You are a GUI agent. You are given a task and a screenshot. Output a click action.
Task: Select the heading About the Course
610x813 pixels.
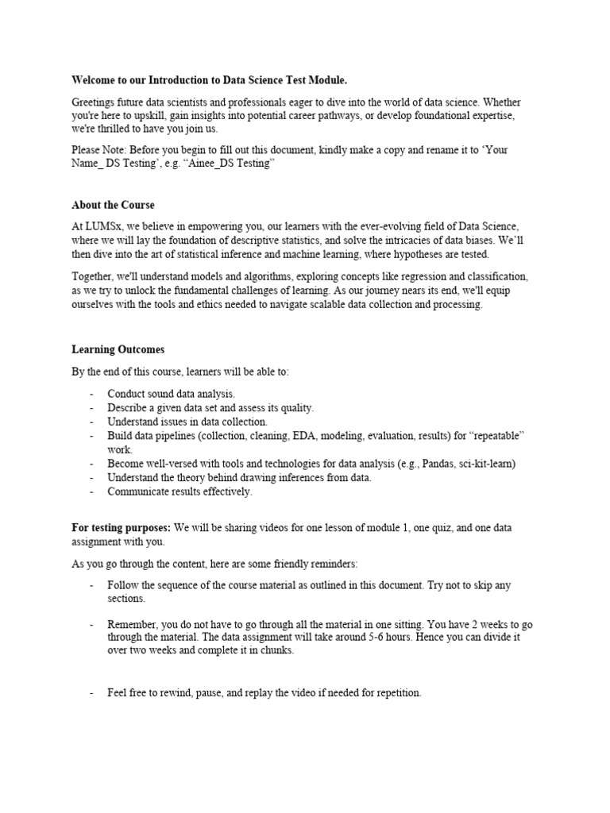tap(113, 205)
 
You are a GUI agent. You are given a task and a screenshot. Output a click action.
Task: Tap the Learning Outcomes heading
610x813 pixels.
tap(118, 349)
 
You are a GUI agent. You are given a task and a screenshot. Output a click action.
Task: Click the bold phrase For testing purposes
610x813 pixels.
tap(121, 528)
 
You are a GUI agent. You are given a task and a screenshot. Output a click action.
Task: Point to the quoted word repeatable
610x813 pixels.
tap(494, 436)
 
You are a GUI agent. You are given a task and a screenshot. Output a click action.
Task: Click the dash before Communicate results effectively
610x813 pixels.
tap(92, 491)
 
